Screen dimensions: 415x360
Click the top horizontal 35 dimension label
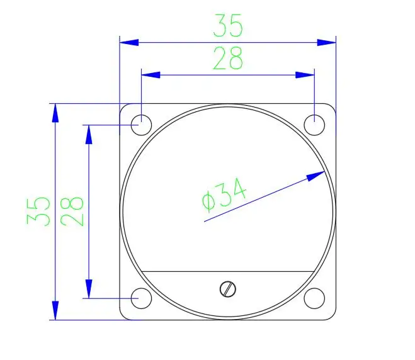click(227, 25)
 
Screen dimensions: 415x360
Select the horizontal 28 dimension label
click(227, 58)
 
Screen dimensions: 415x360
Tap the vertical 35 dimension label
click(38, 211)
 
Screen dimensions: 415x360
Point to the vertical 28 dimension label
click(72, 211)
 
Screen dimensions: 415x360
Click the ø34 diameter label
click(224, 194)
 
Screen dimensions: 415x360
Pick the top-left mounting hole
click(141, 125)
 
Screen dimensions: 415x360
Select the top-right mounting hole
click(314, 125)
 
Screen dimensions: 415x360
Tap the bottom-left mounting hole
click(141, 298)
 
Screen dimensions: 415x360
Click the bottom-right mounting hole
click(314, 298)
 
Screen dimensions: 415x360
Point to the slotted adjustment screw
click(228, 289)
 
